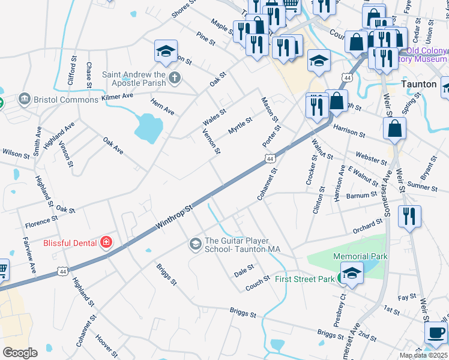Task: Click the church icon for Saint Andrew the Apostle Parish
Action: click(174, 77)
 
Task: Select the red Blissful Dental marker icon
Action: click(106, 243)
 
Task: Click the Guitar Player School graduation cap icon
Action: click(195, 244)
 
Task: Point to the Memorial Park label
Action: click(360, 256)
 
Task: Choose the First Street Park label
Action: click(304, 279)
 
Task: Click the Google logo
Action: click(19, 353)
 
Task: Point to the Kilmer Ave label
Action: click(116, 95)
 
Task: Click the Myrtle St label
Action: click(240, 126)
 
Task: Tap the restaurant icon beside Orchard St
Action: click(409, 217)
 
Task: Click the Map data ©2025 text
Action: click(423, 355)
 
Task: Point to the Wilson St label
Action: click(16, 154)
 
